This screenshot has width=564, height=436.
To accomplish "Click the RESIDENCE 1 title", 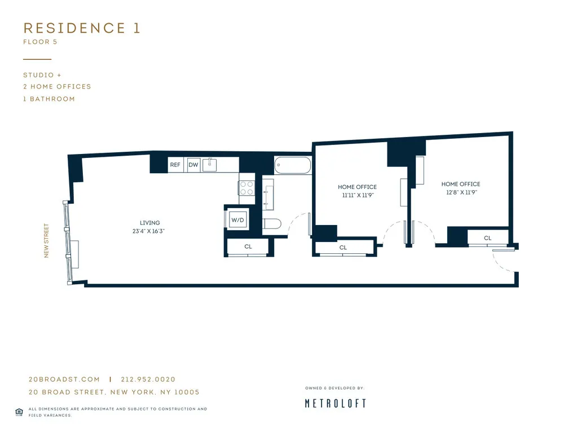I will (x=81, y=28).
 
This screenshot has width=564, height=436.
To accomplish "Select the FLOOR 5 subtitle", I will (x=40, y=42).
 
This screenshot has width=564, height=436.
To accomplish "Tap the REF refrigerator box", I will (x=175, y=165).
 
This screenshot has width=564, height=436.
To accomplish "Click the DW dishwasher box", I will (x=193, y=165).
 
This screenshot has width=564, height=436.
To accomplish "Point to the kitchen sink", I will (x=210, y=164).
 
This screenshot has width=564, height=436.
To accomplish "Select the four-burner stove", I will (x=246, y=187).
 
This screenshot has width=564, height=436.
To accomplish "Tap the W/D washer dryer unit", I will (x=237, y=219).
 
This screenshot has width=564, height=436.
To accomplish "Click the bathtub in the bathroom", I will (x=293, y=166).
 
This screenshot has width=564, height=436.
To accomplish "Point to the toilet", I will (x=272, y=224).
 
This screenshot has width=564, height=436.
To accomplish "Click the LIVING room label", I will (x=150, y=223).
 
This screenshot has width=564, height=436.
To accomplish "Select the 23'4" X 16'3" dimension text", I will (x=148, y=231).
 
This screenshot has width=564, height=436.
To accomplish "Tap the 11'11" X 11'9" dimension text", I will (x=358, y=196).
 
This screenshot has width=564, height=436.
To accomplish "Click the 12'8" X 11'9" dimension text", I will (x=461, y=192).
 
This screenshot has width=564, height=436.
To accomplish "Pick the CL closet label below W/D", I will (x=248, y=246).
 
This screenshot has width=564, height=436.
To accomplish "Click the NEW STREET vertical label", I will (x=47, y=241).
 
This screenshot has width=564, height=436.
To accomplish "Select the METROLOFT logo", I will (x=335, y=403).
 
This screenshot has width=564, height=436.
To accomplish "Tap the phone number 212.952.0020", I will (x=151, y=380).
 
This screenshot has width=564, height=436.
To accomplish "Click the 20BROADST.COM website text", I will (x=64, y=380).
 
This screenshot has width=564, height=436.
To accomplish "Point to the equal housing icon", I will (x=19, y=412).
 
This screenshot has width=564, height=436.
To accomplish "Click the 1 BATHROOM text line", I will (x=49, y=99).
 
